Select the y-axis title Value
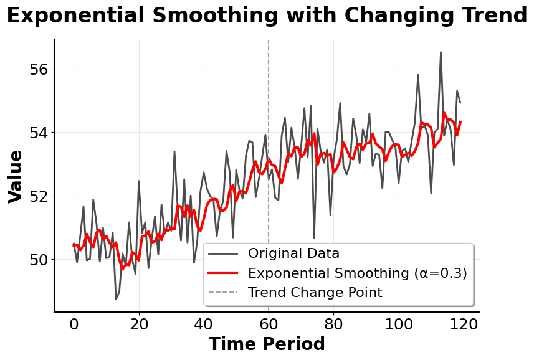pos(16,176)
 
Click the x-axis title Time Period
pos(267,344)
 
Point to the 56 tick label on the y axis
pos(38,69)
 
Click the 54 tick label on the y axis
pos(38,132)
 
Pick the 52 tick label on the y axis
pos(38,196)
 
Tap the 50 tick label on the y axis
pos(38,259)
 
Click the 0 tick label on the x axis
pos(74,324)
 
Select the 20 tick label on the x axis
pos(138,324)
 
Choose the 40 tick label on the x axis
pos(204,324)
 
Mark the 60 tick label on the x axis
pos(269,324)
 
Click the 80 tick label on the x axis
pos(334,324)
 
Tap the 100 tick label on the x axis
pos(399,324)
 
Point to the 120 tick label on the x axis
pos(464,324)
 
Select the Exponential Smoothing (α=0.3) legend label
pos(357,273)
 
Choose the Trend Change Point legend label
pos(315,293)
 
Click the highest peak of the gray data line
pos(441,52)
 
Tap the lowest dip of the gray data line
pos(116,300)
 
